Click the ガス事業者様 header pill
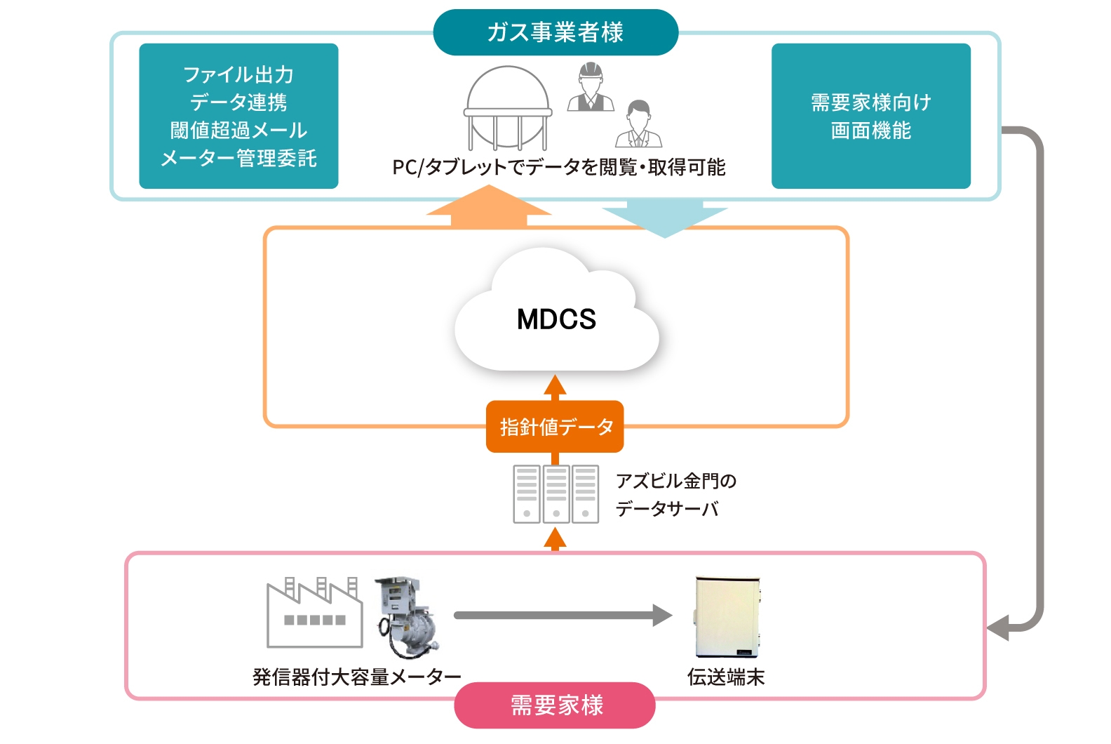555,32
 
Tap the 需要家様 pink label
555,705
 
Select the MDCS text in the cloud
556,319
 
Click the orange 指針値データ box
555,427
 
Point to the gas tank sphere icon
508,107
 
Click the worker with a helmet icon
591,88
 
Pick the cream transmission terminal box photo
727,616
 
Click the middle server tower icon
555,494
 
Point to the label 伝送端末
725,677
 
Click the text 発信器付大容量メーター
356,677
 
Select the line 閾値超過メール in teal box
238,131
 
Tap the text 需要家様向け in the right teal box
870,102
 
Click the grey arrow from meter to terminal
561,616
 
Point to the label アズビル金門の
675,481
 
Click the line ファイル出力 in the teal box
238,74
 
